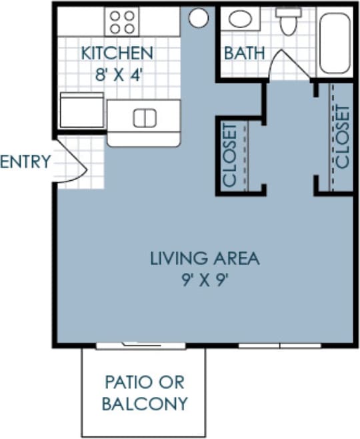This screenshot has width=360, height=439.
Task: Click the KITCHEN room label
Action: tap(117, 52)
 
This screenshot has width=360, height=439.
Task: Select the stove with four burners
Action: tap(122, 21)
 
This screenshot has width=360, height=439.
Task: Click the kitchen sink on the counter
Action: tap(144, 118)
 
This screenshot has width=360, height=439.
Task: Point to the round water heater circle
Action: tap(198, 18)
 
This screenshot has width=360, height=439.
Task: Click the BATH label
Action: tap(244, 53)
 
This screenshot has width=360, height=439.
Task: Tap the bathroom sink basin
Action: tap(239, 19)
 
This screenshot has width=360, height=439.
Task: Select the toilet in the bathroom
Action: tap(289, 21)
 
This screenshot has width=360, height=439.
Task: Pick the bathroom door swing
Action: tap(284, 65)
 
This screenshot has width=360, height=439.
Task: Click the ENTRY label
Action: tap(25, 161)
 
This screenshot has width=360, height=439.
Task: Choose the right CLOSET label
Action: tap(343, 137)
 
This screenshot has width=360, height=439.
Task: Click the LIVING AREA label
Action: tap(204, 258)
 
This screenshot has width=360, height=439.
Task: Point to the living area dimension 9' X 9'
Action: tap(204, 278)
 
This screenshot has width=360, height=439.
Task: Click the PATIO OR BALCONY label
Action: tap(145, 393)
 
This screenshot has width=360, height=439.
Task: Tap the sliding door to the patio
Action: tap(141, 345)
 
